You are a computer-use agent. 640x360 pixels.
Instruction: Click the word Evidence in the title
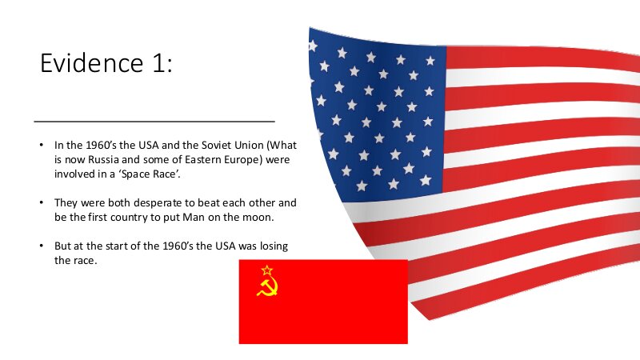point(91,63)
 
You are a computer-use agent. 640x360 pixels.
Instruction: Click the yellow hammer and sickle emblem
point(267,286)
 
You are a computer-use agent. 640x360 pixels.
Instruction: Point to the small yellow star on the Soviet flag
point(266,270)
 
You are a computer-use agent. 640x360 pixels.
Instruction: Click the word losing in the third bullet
point(274,246)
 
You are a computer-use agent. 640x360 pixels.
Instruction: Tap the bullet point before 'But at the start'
point(42,246)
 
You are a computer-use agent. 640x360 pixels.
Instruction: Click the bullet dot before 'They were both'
point(42,202)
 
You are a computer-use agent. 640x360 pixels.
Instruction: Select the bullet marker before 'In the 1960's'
point(42,145)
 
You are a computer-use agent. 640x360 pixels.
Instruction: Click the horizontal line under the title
point(154,122)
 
